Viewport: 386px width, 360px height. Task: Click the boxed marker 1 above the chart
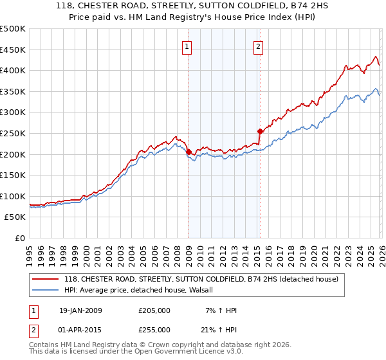click(x=187, y=46)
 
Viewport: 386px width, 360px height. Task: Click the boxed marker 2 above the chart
click(x=258, y=46)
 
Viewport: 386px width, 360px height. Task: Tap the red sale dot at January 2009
click(x=188, y=152)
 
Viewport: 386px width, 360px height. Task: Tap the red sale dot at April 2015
click(x=260, y=131)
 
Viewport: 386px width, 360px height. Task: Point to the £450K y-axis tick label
click(x=13, y=50)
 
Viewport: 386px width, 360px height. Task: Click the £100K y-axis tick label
click(x=13, y=196)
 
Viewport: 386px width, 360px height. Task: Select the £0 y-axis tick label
click(x=19, y=238)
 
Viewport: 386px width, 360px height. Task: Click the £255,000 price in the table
click(x=154, y=329)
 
